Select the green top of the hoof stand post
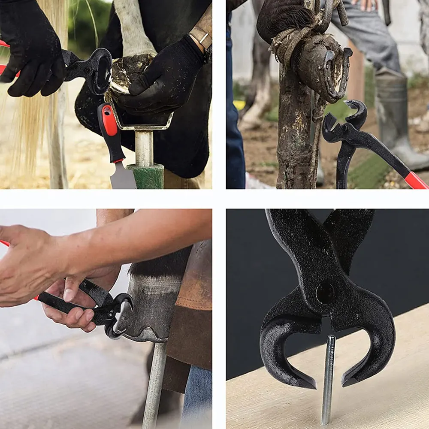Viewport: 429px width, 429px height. point(146,176)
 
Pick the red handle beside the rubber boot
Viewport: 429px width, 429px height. point(415,180)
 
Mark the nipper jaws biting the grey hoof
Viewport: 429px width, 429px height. point(118,315)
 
